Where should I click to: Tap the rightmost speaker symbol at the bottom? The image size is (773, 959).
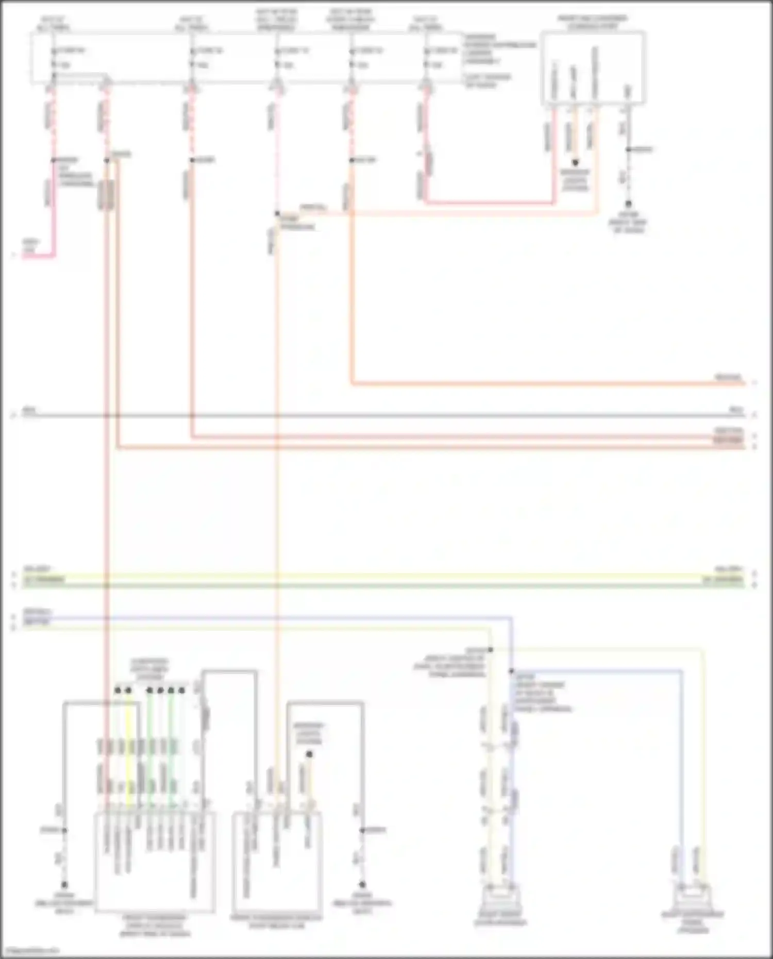click(693, 897)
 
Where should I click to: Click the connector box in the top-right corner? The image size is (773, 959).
click(593, 68)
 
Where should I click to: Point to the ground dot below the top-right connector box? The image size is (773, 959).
click(628, 204)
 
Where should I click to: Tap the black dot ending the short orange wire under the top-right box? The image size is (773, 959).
click(575, 162)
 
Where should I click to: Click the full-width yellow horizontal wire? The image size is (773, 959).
click(381, 576)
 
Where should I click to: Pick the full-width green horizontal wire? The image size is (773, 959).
click(381, 585)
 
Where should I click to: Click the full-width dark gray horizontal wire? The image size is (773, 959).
click(381, 415)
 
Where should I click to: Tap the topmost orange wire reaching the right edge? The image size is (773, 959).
click(546, 383)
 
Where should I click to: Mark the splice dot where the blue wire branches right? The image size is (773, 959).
click(512, 671)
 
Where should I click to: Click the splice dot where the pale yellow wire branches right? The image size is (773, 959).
click(491, 650)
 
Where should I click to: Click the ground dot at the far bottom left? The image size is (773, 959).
click(64, 885)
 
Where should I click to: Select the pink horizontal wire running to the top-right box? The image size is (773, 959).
click(490, 203)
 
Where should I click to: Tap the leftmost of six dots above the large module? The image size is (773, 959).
click(117, 690)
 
